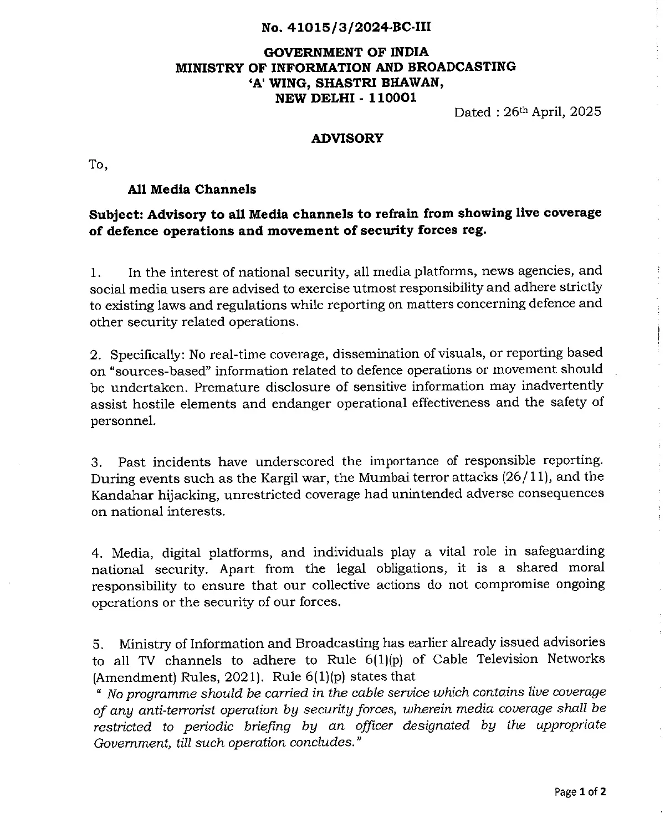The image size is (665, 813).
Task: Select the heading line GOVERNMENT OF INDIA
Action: point(346,53)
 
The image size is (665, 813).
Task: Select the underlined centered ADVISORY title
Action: point(347,138)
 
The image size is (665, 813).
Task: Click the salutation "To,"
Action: point(98,164)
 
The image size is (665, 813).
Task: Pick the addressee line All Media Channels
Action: point(192,189)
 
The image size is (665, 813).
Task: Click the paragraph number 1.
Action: point(95,272)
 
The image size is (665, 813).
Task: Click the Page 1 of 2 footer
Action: point(580,792)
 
